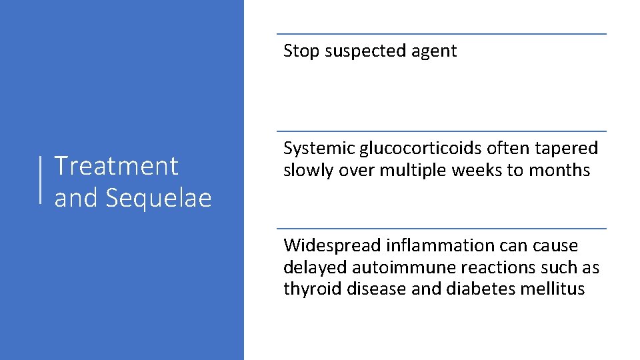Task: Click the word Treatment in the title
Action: pos(116,165)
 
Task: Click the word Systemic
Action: pos(319,149)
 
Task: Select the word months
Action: pos(559,171)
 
